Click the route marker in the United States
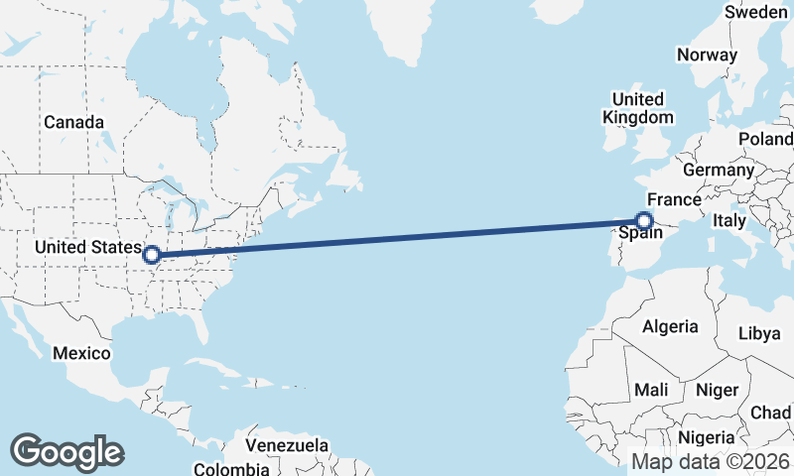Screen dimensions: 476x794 (x=152, y=255)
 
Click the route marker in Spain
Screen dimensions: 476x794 (x=644, y=221)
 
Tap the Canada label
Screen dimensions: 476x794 (x=73, y=122)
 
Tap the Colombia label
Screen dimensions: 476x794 (x=230, y=468)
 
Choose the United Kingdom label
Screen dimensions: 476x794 (x=637, y=108)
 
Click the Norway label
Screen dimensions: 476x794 (x=708, y=56)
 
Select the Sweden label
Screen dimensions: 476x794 (x=756, y=13)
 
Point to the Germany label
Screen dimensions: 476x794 (x=719, y=170)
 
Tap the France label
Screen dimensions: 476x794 (x=675, y=199)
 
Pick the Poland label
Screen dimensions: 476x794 (x=765, y=139)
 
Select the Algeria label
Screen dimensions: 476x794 (x=670, y=326)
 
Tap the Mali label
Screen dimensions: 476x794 (x=651, y=391)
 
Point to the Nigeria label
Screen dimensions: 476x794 (x=707, y=437)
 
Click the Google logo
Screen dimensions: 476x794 (x=66, y=452)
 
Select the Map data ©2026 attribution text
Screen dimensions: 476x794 (x=711, y=462)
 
